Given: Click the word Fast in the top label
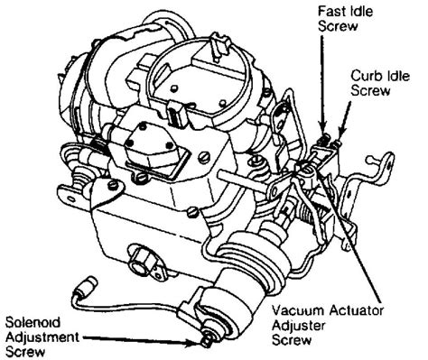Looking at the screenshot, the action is [330, 12].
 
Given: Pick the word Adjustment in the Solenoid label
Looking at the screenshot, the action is [42, 337].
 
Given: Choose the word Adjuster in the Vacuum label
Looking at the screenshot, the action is [299, 326].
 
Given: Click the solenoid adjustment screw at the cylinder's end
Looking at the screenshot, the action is [207, 340].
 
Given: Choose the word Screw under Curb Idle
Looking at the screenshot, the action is [370, 90].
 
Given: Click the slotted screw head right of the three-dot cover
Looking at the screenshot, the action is [204, 156].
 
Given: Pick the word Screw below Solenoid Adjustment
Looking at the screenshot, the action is [25, 352].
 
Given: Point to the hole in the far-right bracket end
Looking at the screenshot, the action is [390, 162].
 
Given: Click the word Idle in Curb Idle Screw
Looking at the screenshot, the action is [397, 76].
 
